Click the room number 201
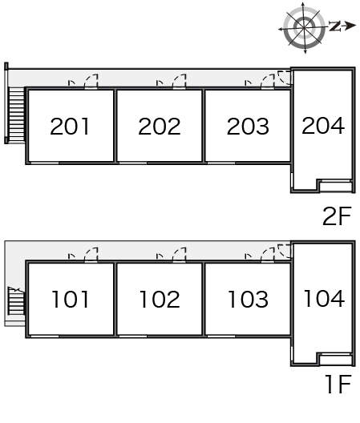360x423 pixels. (x=70, y=127)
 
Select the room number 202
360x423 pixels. (x=160, y=127)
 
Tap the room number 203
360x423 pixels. (x=248, y=127)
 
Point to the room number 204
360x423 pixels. (x=323, y=126)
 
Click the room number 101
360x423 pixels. (x=71, y=299)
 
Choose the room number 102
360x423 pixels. (x=160, y=299)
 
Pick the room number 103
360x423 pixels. (x=249, y=299)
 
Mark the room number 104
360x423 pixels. (x=324, y=298)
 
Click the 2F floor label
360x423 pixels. (x=337, y=216)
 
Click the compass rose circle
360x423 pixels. (x=305, y=28)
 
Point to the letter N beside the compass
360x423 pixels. (x=334, y=26)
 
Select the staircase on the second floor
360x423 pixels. (x=17, y=115)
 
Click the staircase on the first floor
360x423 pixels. (x=16, y=300)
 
